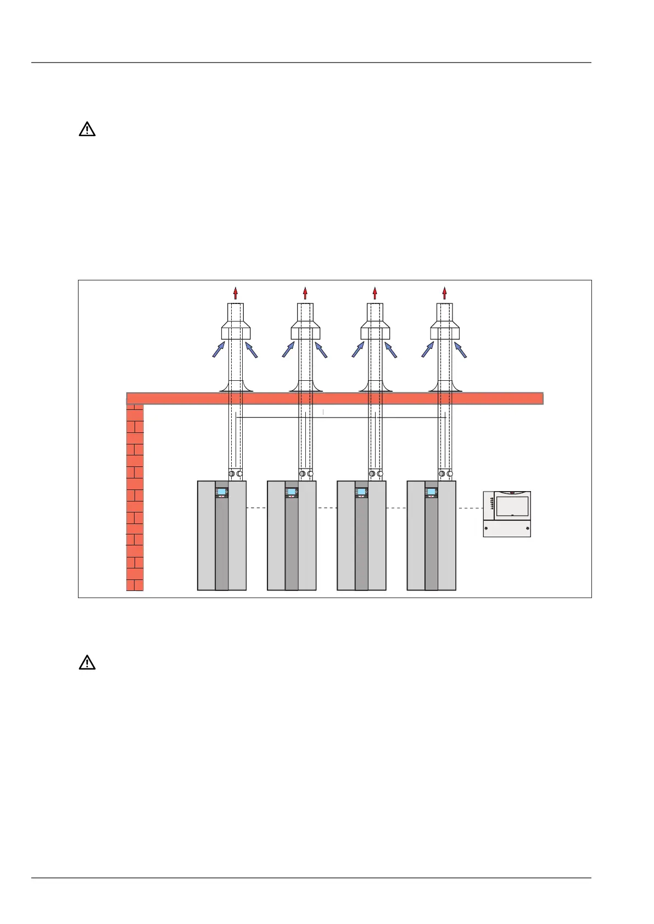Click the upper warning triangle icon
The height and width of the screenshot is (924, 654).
pyautogui.click(x=87, y=129)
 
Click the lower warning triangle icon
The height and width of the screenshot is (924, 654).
pyautogui.click(x=87, y=663)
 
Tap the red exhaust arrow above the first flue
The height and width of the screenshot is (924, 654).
pyautogui.click(x=236, y=292)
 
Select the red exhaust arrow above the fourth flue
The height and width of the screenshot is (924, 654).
pyautogui.click(x=444, y=292)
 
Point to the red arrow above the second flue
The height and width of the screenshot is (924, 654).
pyautogui.click(x=305, y=292)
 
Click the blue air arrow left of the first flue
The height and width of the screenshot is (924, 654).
pyautogui.click(x=219, y=350)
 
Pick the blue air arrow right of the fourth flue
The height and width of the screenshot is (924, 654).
pyautogui.click(x=461, y=350)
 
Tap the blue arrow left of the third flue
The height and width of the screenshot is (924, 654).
pyautogui.click(x=358, y=350)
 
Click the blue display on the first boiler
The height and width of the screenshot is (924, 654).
pyautogui.click(x=221, y=492)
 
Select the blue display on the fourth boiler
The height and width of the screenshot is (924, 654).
pyautogui.click(x=431, y=492)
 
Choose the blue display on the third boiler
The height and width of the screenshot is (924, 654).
pyautogui.click(x=361, y=492)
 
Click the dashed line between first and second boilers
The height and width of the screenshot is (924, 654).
pyautogui.click(x=256, y=508)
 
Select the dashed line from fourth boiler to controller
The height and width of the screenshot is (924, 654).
pyautogui.click(x=469, y=508)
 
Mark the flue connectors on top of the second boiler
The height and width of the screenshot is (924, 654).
pyautogui.click(x=306, y=474)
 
